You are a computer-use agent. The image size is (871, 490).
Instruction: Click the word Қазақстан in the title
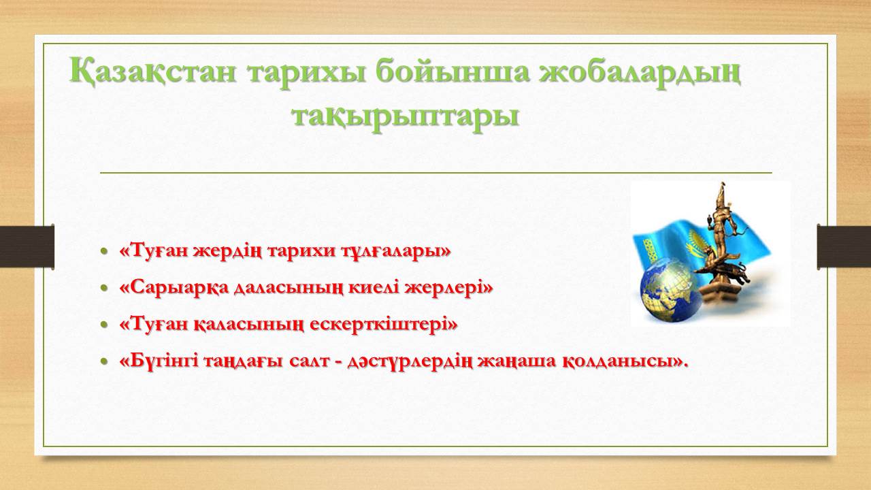153,71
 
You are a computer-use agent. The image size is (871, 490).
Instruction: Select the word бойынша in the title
453,73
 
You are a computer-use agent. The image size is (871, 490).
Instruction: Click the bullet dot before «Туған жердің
103,251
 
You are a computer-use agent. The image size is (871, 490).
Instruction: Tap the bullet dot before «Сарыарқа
103,288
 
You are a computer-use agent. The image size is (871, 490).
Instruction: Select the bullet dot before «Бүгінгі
103,361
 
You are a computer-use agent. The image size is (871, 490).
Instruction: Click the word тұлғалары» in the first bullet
396,252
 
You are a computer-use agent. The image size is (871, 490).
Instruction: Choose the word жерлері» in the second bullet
448,288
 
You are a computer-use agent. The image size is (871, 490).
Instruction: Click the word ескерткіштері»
384,325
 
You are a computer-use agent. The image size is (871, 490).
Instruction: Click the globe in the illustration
671,291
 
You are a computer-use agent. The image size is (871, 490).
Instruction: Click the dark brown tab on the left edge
27,246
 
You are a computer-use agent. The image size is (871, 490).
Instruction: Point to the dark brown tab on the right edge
844,246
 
